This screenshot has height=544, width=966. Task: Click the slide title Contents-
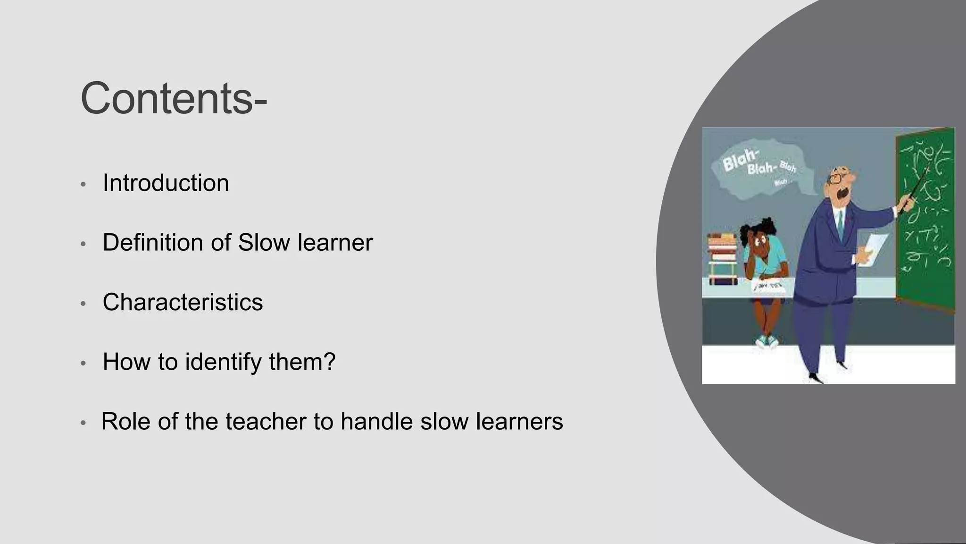click(x=174, y=98)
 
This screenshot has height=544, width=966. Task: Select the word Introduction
click(x=166, y=183)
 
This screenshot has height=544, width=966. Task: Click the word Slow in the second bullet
click(x=264, y=243)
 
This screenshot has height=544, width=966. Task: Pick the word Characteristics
click(x=183, y=302)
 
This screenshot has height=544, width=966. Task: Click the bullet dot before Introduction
click(x=83, y=185)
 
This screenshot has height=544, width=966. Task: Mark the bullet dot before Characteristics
click(x=83, y=304)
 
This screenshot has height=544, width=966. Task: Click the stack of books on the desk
click(x=722, y=257)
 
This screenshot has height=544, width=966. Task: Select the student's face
click(x=760, y=246)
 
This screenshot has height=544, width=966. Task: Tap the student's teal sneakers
click(x=767, y=341)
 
